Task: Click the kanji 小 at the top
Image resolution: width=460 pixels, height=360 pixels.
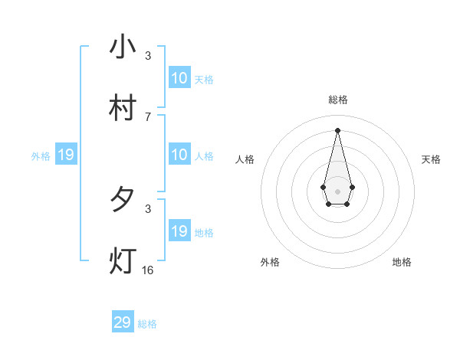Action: tap(123, 48)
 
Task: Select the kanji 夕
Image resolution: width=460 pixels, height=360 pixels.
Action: tap(123, 200)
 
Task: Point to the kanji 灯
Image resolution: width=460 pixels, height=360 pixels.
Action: tap(123, 260)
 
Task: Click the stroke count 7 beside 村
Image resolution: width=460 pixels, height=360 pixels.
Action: tap(148, 116)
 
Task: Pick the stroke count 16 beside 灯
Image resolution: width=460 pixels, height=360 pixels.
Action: tap(148, 270)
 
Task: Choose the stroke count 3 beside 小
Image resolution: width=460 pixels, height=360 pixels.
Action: tap(148, 55)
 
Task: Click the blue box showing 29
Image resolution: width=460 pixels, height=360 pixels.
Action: tap(123, 322)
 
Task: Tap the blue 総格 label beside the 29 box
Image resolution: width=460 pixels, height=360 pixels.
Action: tap(147, 324)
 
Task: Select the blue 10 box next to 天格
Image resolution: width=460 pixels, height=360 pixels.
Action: tap(179, 78)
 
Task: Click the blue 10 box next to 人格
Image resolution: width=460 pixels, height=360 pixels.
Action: tap(179, 155)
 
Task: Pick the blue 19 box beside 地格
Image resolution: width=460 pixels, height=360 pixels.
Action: tap(179, 231)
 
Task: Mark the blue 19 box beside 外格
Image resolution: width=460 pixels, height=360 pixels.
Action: tap(66, 155)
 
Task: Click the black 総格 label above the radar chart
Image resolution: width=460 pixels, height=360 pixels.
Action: tap(338, 100)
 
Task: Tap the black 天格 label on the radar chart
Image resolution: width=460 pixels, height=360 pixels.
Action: tap(432, 159)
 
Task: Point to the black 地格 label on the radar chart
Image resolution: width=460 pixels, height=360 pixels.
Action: tap(402, 262)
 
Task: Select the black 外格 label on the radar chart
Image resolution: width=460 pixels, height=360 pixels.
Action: tap(270, 262)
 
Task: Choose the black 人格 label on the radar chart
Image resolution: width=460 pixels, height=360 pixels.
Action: tap(245, 159)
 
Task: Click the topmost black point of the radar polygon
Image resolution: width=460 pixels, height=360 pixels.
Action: tap(338, 129)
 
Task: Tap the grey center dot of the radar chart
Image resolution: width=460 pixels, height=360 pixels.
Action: tap(337, 190)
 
